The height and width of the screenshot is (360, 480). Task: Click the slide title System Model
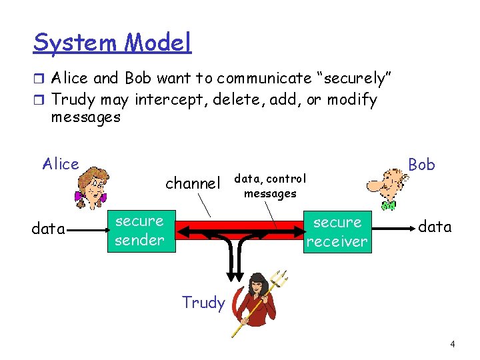(112, 43)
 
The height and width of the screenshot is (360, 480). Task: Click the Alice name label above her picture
(61, 164)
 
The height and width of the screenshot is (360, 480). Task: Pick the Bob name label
(421, 164)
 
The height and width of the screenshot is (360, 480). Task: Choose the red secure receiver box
(336, 232)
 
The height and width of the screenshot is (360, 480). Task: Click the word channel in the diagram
(193, 183)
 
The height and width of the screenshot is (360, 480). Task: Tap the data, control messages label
(270, 186)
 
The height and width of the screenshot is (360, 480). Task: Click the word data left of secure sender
(49, 229)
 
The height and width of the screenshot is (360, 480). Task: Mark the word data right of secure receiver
(435, 227)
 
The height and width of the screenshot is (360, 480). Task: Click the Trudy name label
(203, 303)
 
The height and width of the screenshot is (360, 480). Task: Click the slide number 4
(453, 345)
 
